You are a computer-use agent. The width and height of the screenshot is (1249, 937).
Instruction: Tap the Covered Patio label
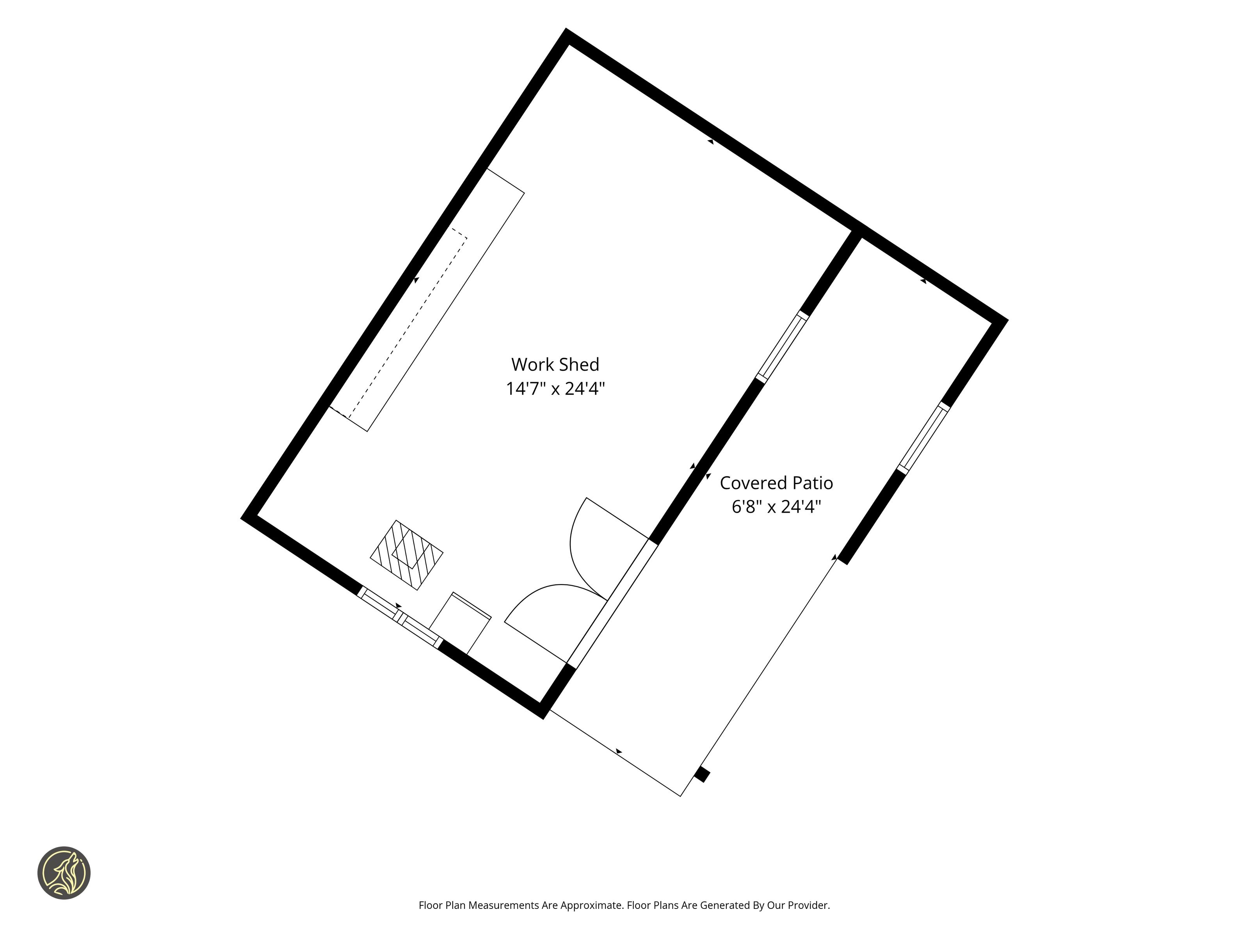pyautogui.click(x=776, y=483)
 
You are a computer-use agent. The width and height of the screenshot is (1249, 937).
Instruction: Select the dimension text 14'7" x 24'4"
pyautogui.click(x=555, y=389)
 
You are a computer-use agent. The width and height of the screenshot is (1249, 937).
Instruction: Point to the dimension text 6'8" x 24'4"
pyautogui.click(x=776, y=507)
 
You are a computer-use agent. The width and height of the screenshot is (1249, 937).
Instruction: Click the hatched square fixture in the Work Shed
pyautogui.click(x=407, y=555)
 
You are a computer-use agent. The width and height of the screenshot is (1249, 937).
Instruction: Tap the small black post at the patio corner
pyautogui.click(x=702, y=774)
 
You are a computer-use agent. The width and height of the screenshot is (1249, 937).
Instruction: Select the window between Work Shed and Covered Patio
pyautogui.click(x=782, y=347)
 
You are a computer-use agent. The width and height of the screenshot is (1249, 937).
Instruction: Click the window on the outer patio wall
pyautogui.click(x=924, y=438)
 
